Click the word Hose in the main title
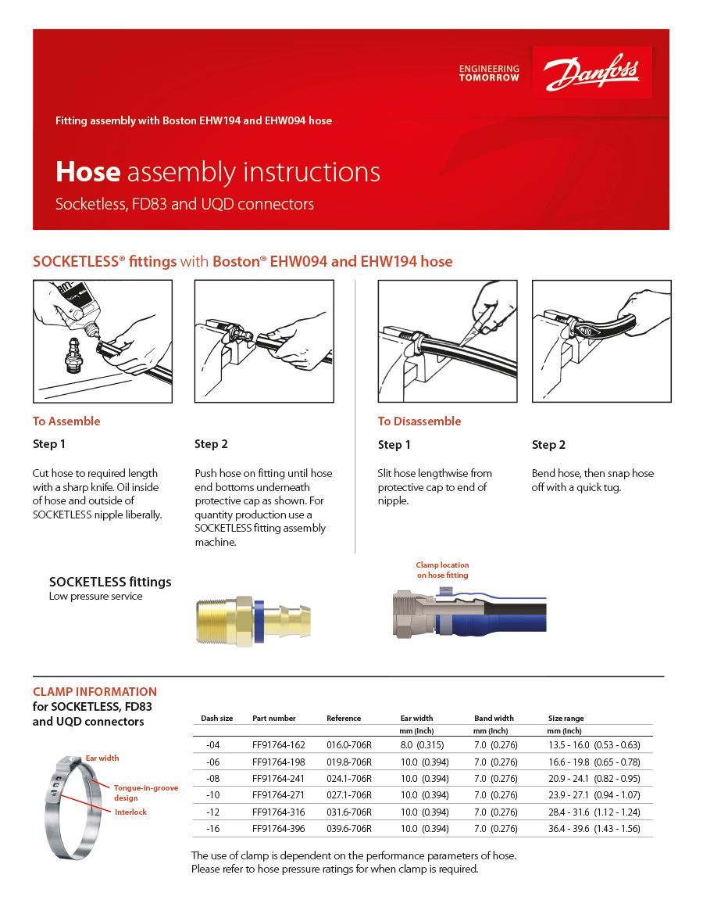pos(87,172)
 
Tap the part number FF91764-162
pos(279,745)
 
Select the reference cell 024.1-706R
pos(349,778)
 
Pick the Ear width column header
pos(416,718)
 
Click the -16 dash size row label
pos(212,828)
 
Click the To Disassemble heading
pos(419,421)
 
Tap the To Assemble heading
pos(66,421)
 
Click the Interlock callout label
pos(130,812)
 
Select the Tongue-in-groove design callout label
pos(145,793)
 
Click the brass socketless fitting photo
pos(252,615)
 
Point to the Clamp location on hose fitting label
pos(442,570)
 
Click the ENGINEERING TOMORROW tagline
pos(489,74)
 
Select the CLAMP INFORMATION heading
pos(95,692)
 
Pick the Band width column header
pos(494,718)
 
